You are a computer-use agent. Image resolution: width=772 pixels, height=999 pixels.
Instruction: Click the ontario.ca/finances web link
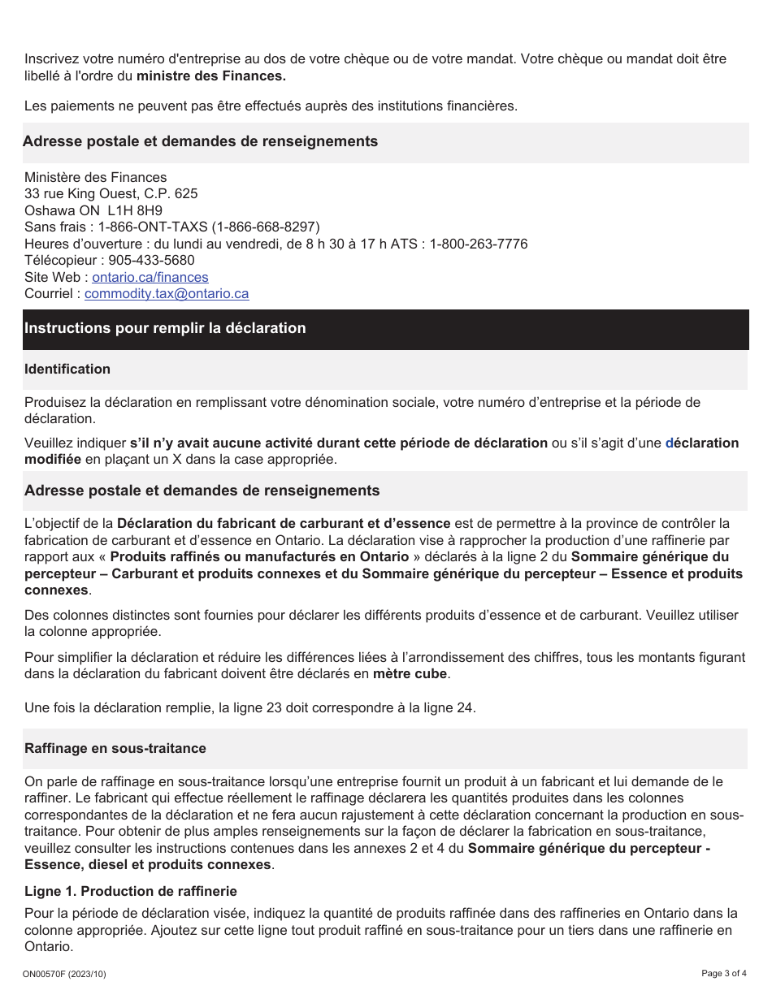[150, 277]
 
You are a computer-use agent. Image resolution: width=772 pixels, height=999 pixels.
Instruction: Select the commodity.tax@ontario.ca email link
[167, 293]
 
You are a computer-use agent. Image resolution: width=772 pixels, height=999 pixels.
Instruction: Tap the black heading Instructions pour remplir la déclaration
[165, 328]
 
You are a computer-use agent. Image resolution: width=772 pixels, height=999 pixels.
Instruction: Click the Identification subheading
[67, 369]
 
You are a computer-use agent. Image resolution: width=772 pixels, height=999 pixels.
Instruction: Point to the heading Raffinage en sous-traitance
[115, 748]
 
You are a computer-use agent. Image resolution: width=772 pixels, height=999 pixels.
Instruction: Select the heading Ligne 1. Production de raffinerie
[131, 891]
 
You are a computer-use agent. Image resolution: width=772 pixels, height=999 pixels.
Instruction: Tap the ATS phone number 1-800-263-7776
[479, 244]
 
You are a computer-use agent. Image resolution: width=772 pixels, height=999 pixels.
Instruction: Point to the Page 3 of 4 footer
[723, 973]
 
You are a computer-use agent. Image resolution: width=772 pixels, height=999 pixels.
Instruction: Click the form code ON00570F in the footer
[48, 974]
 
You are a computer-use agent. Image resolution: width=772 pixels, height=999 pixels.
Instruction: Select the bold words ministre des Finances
[211, 76]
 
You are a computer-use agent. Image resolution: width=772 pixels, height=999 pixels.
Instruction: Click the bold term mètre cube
[410, 673]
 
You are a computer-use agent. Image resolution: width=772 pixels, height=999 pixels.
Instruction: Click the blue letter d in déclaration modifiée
[670, 443]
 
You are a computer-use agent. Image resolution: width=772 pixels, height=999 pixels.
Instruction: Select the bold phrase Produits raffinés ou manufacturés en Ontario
[259, 556]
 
